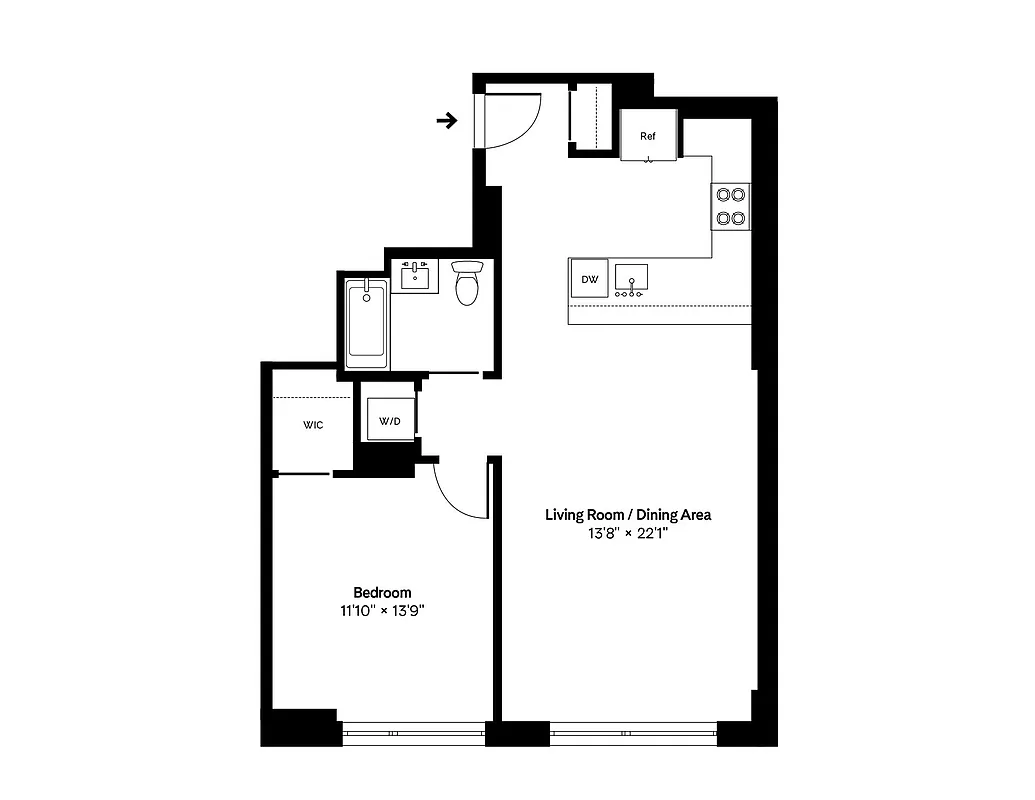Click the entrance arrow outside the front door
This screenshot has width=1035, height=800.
click(x=447, y=121)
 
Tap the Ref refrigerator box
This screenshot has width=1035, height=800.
click(x=648, y=135)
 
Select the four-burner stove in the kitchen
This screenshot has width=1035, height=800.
click(x=730, y=206)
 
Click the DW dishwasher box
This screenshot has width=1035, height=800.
click(x=590, y=279)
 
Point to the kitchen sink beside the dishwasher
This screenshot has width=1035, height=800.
click(x=630, y=279)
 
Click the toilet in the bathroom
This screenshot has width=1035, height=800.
click(x=467, y=284)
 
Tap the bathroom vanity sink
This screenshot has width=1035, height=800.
click(x=414, y=275)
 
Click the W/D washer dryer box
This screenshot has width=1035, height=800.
click(x=389, y=421)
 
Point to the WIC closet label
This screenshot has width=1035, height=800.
click(x=313, y=425)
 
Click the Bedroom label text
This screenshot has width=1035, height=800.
click(x=382, y=592)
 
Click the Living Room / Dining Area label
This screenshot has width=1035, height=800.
click(x=627, y=515)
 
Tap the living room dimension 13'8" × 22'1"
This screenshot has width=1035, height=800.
click(x=627, y=533)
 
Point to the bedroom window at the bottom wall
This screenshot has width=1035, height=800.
click(x=414, y=733)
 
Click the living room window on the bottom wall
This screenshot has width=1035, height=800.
click(x=633, y=733)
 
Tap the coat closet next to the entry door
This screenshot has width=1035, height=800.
click(x=590, y=118)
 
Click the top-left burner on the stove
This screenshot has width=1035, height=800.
click(x=722, y=195)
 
